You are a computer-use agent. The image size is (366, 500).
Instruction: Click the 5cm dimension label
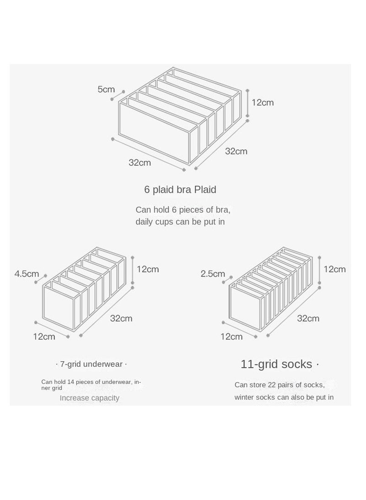pos(106,90)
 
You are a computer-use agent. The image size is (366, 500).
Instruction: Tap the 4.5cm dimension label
pos(27,274)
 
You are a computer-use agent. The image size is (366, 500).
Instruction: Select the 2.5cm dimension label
pos(213,274)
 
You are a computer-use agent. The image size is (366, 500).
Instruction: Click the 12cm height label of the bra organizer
pos(263,102)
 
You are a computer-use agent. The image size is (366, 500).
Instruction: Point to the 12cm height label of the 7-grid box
pos(148,269)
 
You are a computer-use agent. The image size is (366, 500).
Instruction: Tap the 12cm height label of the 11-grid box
pos(334,269)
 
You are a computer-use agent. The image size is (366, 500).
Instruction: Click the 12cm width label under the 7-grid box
pos(44,337)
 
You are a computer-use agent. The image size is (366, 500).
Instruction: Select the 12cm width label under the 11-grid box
pos(231,337)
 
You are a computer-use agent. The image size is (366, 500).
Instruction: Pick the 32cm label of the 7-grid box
pos(121,318)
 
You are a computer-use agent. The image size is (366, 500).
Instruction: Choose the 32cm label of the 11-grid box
pos(308,318)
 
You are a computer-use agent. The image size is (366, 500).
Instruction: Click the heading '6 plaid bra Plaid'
pos(180,189)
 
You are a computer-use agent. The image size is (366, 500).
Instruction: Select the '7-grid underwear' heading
pos(91,364)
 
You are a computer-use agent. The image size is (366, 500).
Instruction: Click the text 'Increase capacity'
pos(89,398)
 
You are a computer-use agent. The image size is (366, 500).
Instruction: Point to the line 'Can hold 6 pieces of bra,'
pos(183,210)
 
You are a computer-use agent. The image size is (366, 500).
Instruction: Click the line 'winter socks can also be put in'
pos(284,397)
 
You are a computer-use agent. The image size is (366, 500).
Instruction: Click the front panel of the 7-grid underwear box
pos(59,308)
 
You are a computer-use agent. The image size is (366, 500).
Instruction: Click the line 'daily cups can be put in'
pos(180,222)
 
